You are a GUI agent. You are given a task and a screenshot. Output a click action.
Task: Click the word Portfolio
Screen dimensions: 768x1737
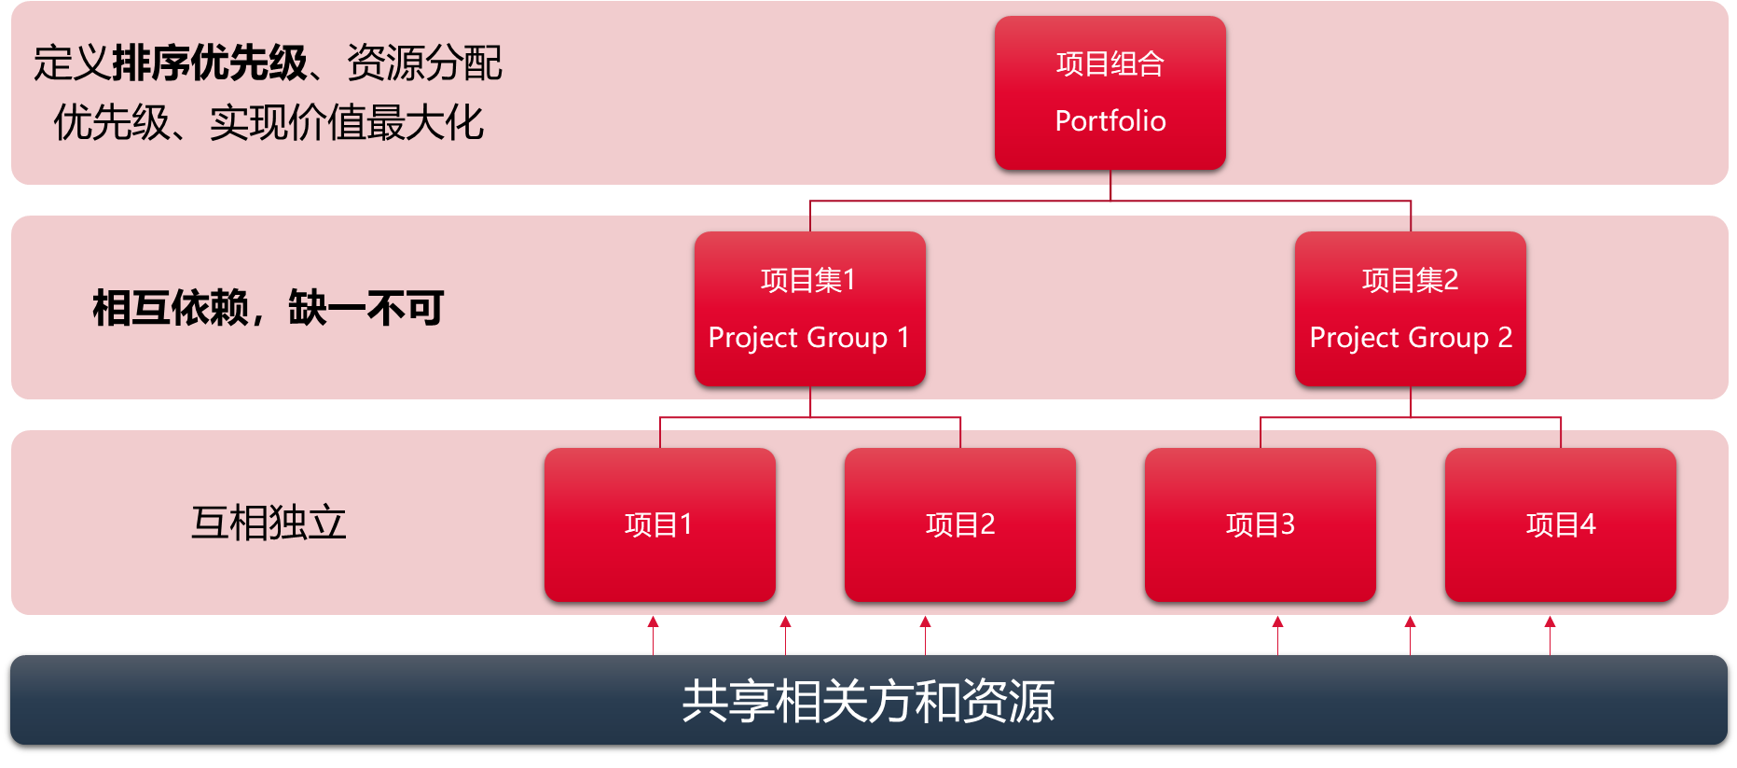(1110, 120)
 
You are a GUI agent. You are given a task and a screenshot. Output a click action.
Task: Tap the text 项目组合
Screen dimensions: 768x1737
(1110, 63)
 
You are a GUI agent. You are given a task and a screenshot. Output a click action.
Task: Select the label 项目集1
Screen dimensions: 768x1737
(807, 280)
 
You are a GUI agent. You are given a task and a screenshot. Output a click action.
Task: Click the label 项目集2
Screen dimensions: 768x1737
(1410, 280)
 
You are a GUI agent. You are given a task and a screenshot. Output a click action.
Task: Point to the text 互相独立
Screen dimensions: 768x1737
(269, 523)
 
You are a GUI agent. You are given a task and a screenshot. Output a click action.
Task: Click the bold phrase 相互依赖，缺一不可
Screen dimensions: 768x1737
(268, 308)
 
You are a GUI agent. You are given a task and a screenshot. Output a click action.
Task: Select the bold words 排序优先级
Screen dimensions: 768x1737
(209, 63)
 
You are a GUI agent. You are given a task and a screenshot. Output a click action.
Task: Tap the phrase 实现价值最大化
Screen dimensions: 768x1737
(347, 122)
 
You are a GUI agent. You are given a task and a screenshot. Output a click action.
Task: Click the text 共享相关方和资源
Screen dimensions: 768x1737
(868, 701)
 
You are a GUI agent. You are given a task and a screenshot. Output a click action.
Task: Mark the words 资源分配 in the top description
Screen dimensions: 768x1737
(424, 63)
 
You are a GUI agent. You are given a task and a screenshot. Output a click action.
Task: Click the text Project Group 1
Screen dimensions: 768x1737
(808, 337)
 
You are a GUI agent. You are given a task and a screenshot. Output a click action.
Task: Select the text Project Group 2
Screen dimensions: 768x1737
(1410, 337)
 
